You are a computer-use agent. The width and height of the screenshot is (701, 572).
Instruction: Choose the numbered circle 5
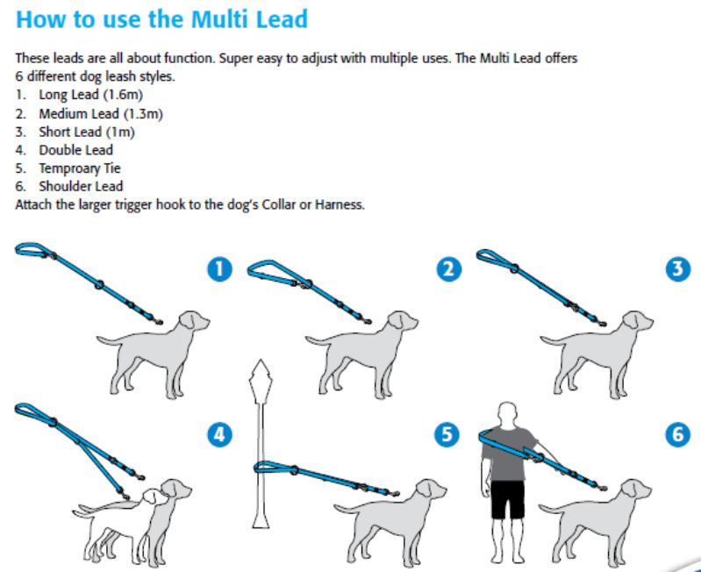[449, 433]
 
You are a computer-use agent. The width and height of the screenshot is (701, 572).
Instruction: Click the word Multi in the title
[208, 18]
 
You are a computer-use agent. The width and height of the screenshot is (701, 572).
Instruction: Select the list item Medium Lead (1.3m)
[101, 113]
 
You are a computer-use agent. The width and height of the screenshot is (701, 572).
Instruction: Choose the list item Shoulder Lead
[81, 186]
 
